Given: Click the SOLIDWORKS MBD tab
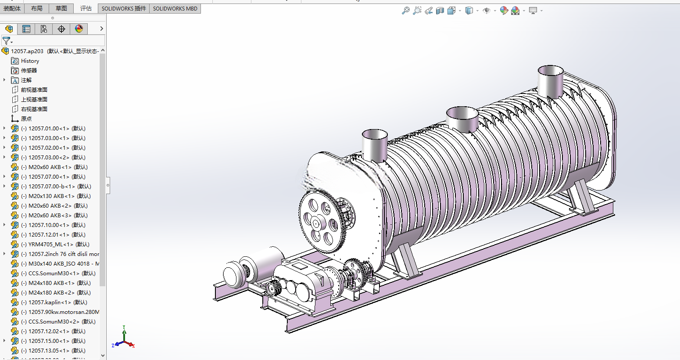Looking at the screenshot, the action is click(175, 8).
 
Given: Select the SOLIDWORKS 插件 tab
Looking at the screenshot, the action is click(124, 8).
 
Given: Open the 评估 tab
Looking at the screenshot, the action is click(86, 8).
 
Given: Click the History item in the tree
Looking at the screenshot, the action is click(30, 61).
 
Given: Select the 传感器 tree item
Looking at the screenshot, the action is click(29, 71).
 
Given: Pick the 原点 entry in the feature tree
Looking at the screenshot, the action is click(26, 119).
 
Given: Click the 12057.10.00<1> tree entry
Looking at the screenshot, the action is click(53, 225).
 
